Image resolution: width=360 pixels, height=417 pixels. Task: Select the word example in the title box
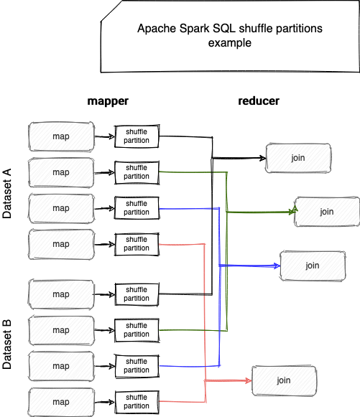coord(230,43)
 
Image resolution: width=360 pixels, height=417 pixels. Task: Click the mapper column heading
coord(108,101)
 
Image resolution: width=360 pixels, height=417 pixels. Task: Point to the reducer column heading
coord(259,100)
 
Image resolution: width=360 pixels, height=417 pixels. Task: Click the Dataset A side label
coord(7,193)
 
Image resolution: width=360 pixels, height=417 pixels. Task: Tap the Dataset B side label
coord(7,344)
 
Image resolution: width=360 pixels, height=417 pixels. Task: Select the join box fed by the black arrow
coord(298,158)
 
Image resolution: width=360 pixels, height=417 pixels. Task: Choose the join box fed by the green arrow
coord(327,212)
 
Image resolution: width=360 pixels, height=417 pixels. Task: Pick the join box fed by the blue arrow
coord(313,266)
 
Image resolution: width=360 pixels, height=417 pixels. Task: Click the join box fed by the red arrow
coord(284,380)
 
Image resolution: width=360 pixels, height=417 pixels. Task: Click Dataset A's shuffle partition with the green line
coord(137,172)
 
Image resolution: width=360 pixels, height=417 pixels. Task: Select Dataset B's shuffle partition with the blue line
coord(137,366)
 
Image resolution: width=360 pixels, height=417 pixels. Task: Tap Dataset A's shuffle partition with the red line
coord(137,244)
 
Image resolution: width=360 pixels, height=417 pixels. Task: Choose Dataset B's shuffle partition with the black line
coord(137,294)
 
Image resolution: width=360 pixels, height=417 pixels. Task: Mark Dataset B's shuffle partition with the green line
coord(137,330)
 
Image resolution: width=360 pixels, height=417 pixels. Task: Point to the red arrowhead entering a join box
coord(248,381)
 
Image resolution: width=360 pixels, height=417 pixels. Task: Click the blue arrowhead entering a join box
coord(277,266)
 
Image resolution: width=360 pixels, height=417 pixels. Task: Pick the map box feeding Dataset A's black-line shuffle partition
coord(61,136)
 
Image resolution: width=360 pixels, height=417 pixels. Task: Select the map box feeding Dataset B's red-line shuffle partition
coord(61,402)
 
